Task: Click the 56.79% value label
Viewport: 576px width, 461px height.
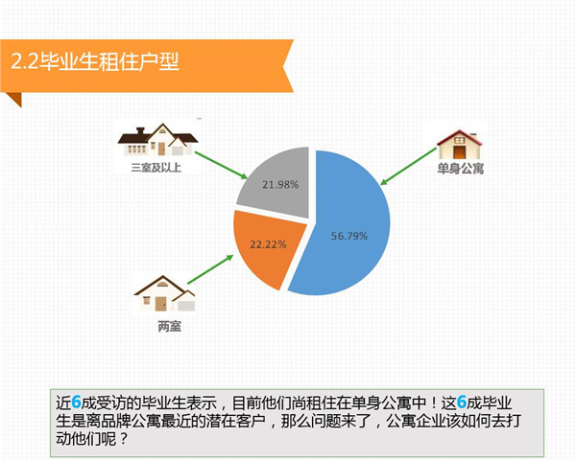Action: click(x=349, y=236)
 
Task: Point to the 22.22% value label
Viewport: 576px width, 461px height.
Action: click(x=268, y=244)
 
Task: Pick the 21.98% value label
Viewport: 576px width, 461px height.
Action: click(x=280, y=184)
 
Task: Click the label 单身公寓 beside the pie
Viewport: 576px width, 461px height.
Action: click(x=460, y=169)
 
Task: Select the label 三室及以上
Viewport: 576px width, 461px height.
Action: click(x=156, y=168)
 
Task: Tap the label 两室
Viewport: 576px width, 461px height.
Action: click(x=169, y=326)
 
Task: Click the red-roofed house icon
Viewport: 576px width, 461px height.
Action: click(x=460, y=144)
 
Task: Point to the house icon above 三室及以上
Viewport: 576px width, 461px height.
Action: click(x=158, y=140)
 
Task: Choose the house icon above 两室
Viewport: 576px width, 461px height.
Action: click(x=164, y=293)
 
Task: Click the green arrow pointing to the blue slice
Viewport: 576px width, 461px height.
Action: click(x=409, y=166)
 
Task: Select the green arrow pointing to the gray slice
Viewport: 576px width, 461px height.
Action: click(x=221, y=166)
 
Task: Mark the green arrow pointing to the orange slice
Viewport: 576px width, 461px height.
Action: click(x=210, y=268)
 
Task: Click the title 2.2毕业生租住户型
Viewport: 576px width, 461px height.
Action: click(x=95, y=61)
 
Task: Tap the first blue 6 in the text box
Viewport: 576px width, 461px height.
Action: click(x=76, y=403)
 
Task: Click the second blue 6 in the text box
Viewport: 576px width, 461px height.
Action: click(x=462, y=403)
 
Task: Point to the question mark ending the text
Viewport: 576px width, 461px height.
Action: click(x=124, y=438)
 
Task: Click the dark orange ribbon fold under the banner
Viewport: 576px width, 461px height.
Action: click(x=14, y=99)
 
